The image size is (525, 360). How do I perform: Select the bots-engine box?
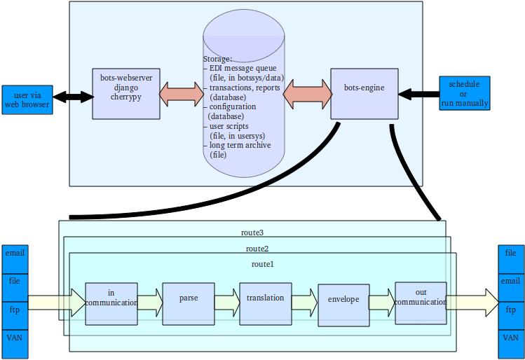[x=364, y=93]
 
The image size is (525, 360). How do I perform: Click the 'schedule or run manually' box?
[x=463, y=93]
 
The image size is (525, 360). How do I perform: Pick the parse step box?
[x=187, y=303]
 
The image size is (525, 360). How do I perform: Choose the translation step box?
[x=265, y=303]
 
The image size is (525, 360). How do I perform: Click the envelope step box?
[x=343, y=305]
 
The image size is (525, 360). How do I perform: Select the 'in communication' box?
[x=111, y=303]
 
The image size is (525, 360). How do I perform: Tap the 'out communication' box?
[x=421, y=303]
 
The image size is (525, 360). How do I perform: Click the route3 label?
[x=251, y=232]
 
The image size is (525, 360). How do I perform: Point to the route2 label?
[x=257, y=249]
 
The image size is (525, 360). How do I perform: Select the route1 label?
[x=262, y=264]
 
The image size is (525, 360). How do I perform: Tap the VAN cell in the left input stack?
[x=15, y=338]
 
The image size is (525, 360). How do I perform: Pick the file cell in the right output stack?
[x=511, y=253]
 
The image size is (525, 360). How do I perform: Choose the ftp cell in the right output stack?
[x=511, y=310]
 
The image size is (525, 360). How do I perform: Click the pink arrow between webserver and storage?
[x=182, y=94]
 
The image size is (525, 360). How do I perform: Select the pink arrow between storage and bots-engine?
[x=308, y=93]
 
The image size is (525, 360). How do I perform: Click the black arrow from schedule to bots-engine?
[x=418, y=93]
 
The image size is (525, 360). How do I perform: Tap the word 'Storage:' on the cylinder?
[x=217, y=60]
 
